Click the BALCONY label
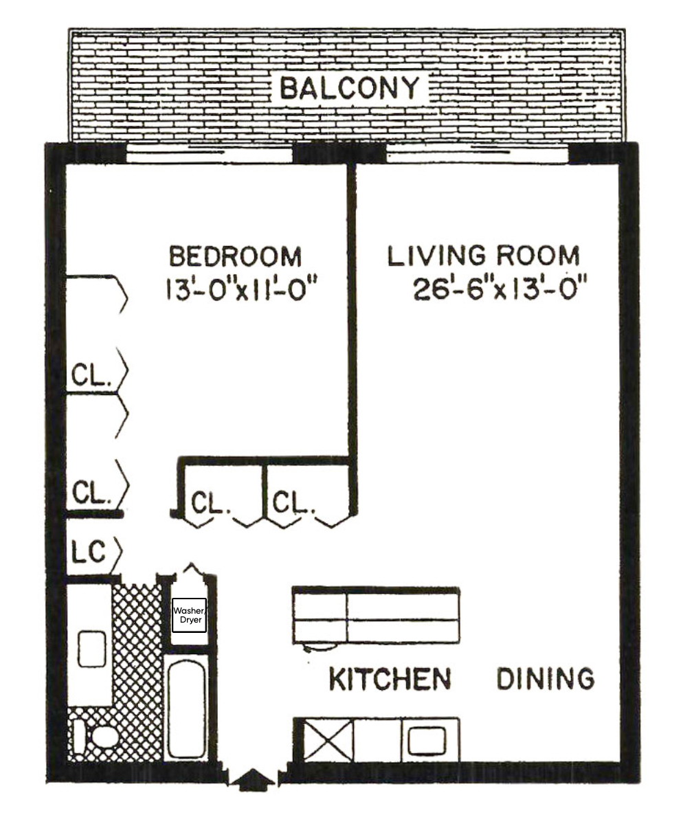(x=349, y=89)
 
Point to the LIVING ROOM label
(x=484, y=256)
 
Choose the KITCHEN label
(x=390, y=679)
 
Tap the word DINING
(x=546, y=679)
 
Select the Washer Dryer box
(x=188, y=614)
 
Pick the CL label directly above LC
(x=91, y=493)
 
